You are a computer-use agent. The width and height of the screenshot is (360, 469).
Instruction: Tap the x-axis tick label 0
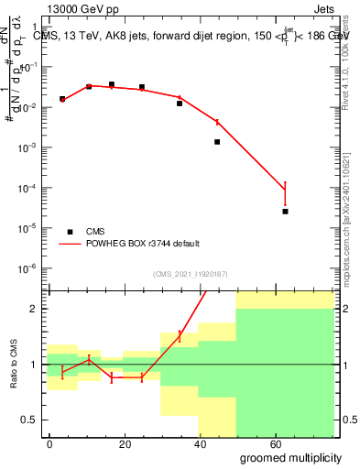[49, 443]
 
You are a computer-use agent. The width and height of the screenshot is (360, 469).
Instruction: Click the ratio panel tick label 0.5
[28, 420]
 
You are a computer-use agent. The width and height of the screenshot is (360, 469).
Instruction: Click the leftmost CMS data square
[62, 99]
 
